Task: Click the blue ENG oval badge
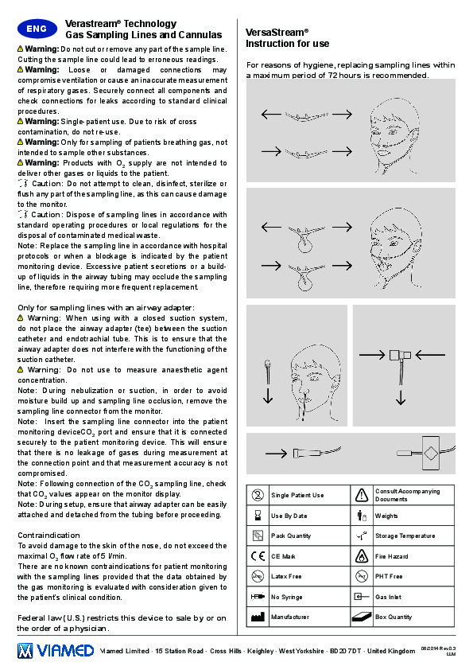click(37, 29)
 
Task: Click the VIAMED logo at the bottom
click(56, 651)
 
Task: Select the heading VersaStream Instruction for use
click(287, 38)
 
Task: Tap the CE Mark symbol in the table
click(258, 556)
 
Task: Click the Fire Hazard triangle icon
click(362, 556)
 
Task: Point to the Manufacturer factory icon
click(258, 617)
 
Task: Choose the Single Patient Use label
click(297, 495)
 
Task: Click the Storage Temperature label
click(405, 536)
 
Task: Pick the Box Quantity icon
click(362, 617)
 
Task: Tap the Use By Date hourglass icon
click(258, 516)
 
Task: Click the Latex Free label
click(286, 576)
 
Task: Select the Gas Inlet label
click(388, 597)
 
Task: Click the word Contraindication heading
click(48, 536)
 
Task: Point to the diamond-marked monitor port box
click(431, 453)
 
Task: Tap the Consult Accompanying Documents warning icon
click(362, 495)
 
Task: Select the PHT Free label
click(389, 576)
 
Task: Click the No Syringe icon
click(258, 597)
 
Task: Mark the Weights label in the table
click(386, 516)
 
